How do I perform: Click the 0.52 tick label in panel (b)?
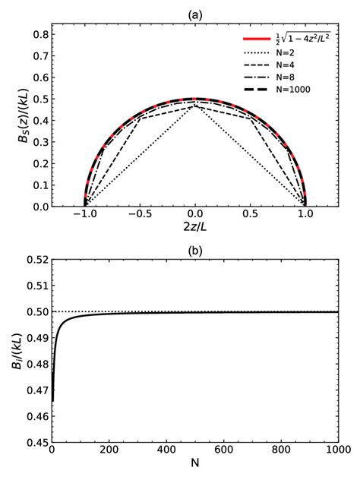coord(36,260)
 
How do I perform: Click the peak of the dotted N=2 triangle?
coord(195,106)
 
